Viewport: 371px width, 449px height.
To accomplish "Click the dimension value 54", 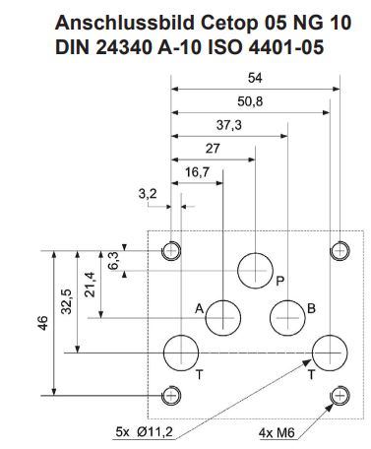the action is [x=255, y=78].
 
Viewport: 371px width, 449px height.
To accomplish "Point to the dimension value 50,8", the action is [x=250, y=101].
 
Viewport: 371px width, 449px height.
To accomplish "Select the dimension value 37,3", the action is [x=229, y=125].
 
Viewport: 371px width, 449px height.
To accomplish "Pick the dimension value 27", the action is [x=213, y=149].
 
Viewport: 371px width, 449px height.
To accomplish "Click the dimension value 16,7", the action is [x=197, y=172].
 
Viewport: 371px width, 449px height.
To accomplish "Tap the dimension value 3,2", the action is [x=148, y=194].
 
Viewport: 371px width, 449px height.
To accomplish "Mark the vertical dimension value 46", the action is [x=43, y=323].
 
